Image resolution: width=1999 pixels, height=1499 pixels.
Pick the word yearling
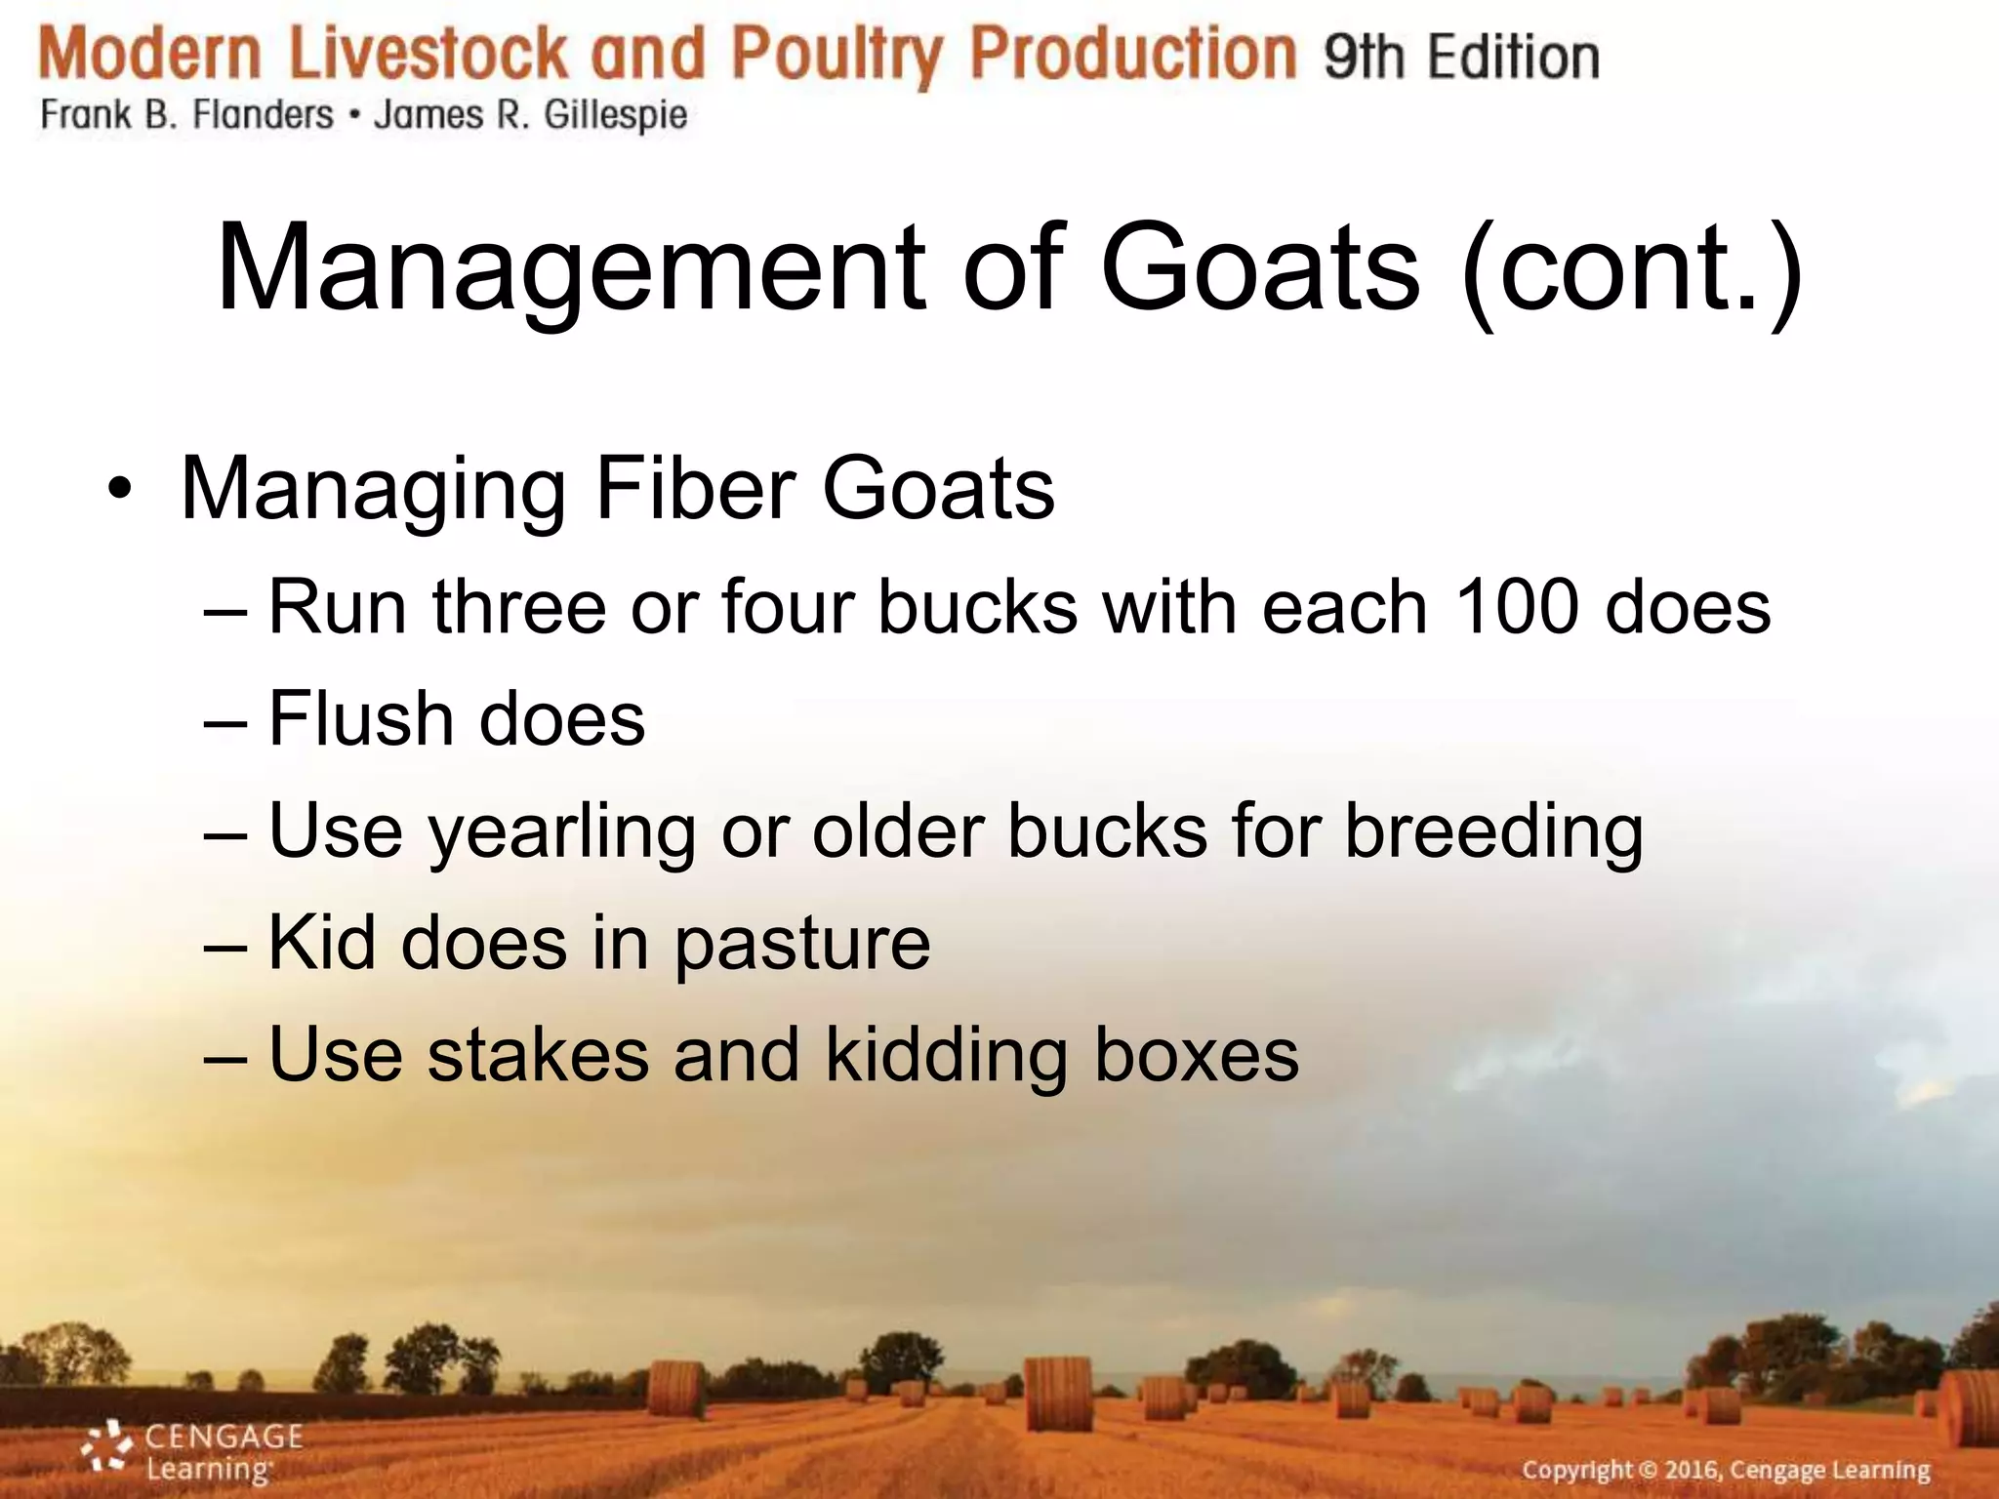(x=562, y=832)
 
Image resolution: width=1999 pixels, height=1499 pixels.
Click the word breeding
(x=1493, y=832)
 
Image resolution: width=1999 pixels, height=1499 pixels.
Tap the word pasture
(x=801, y=944)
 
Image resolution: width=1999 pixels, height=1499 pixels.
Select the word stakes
(x=538, y=1055)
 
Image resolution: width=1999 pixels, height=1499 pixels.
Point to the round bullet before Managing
(x=119, y=488)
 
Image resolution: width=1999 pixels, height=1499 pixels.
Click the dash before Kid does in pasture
(x=225, y=945)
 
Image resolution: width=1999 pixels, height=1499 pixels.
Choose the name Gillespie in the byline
(x=616, y=116)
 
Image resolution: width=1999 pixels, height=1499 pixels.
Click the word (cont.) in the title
(x=1631, y=268)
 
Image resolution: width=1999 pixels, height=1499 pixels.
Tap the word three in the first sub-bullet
(x=519, y=607)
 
